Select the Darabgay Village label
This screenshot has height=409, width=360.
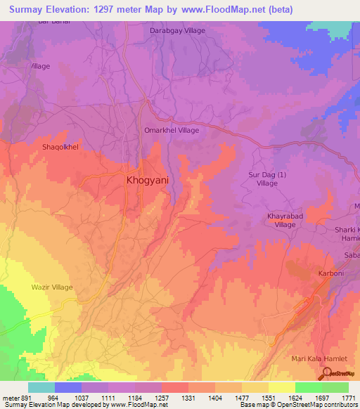[178, 31]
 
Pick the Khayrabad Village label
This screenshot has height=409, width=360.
[285, 220]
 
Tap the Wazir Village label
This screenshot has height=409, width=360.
[52, 287]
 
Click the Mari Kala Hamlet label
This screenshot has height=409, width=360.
[319, 358]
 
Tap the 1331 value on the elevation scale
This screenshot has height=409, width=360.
[188, 397]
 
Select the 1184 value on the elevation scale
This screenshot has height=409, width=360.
[135, 397]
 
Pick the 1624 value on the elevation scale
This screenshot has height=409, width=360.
[295, 397]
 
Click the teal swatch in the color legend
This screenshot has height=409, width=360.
[41, 387]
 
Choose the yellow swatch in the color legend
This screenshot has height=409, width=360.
[282, 387]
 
